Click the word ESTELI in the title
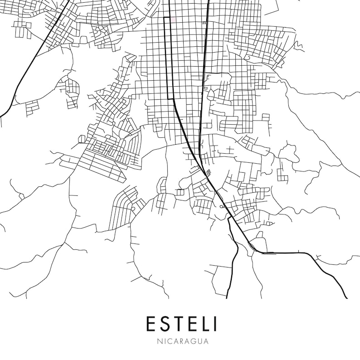pyautogui.click(x=181, y=324)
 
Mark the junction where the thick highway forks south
pyautogui.click(x=230, y=218)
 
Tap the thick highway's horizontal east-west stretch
pyautogui.click(x=286, y=252)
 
